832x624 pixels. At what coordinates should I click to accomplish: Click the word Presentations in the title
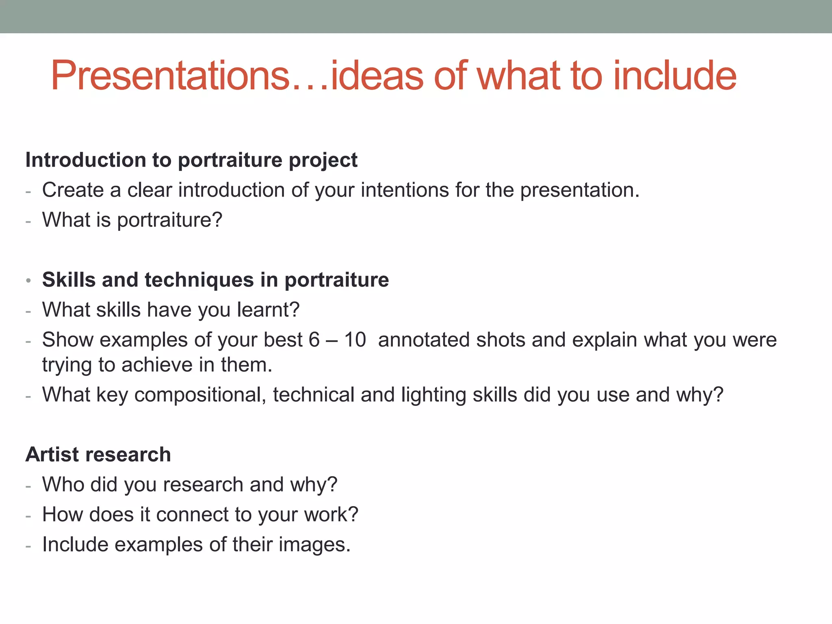170,76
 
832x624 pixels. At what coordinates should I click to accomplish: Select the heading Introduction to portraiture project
191,160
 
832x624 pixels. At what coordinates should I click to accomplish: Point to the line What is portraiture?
132,220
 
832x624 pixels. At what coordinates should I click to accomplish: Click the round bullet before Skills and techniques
28,281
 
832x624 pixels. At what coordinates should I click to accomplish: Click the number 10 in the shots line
355,340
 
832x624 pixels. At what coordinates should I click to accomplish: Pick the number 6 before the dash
314,340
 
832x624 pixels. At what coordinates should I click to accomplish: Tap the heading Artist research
98,455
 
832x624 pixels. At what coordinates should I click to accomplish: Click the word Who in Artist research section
63,485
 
